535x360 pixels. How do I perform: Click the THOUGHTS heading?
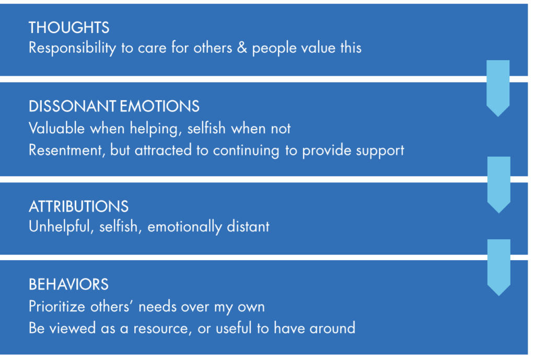(x=69, y=28)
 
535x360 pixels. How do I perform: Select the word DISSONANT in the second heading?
(x=73, y=107)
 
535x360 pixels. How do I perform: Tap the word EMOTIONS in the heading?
(x=160, y=107)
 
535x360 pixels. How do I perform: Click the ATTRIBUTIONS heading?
(x=78, y=206)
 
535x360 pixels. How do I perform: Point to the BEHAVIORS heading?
(x=68, y=284)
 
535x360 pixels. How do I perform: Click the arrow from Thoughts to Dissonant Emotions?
(x=498, y=88)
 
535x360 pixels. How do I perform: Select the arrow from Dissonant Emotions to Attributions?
(x=499, y=185)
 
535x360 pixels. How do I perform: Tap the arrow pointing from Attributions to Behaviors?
(x=499, y=268)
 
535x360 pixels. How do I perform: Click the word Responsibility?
(x=72, y=48)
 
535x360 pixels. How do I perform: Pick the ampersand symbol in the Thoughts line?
(x=242, y=48)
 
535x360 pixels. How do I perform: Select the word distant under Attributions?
(x=248, y=227)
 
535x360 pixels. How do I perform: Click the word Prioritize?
(x=56, y=306)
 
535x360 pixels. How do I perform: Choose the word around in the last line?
(x=332, y=329)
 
